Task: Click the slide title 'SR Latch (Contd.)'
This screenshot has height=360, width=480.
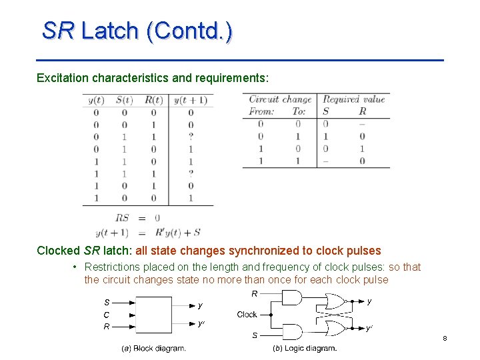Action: (137, 31)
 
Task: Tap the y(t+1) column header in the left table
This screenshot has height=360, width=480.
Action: (191, 101)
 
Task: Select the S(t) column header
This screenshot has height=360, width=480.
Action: (125, 101)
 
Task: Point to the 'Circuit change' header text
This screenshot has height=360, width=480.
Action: (280, 99)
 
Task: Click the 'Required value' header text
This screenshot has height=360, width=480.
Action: (353, 99)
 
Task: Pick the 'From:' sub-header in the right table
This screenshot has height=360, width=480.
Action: (261, 111)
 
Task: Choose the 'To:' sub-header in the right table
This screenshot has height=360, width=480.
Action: (299, 111)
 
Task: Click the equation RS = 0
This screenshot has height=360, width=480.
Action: (137, 217)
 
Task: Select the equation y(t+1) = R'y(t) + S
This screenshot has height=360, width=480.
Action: (147, 233)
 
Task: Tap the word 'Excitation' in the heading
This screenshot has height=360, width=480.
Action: (63, 78)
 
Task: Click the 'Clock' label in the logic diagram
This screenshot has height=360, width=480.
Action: (247, 314)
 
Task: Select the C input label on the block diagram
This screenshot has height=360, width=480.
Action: (106, 315)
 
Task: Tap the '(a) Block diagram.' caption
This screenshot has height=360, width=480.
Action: (153, 348)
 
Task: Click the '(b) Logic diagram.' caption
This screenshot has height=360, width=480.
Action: (305, 348)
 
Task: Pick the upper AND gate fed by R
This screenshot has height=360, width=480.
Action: (294, 298)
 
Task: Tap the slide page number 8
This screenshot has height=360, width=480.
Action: (445, 339)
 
